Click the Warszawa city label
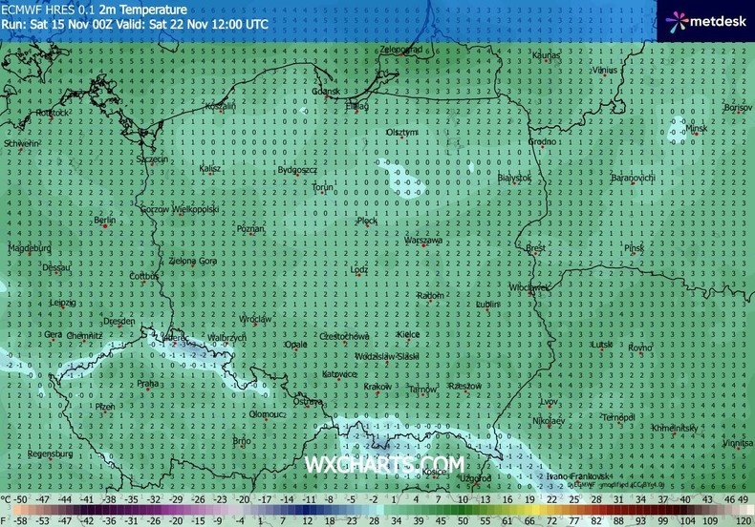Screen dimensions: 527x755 (x=423, y=241)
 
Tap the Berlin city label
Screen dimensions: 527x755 (x=105, y=221)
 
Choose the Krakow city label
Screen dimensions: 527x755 (x=377, y=387)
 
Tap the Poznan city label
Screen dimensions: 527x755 (x=250, y=229)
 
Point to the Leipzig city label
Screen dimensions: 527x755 (x=63, y=303)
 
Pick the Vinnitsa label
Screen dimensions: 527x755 (x=737, y=443)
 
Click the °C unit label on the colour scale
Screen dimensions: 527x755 (x=7, y=499)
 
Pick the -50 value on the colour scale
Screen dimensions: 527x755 (x=21, y=499)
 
